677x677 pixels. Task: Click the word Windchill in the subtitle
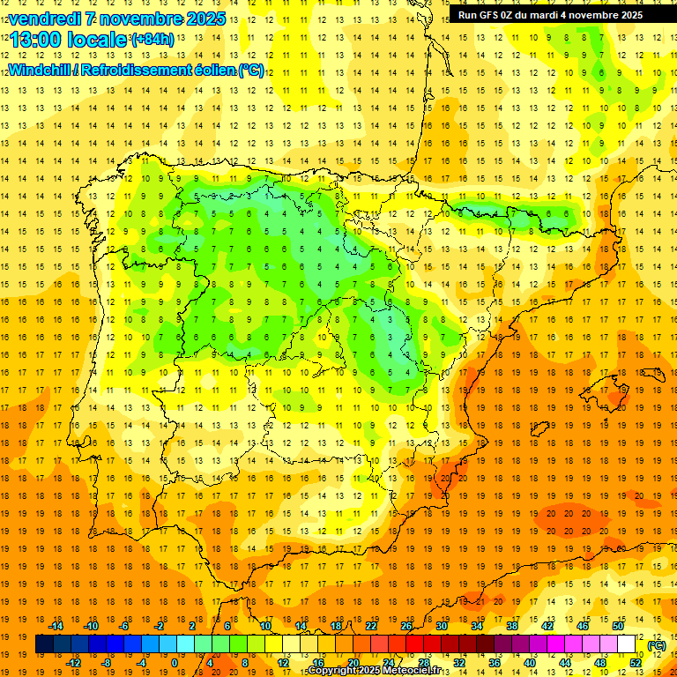tap(41, 71)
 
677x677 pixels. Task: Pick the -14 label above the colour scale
tap(56, 625)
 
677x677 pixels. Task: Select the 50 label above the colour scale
tap(618, 625)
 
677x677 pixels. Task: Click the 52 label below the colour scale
tap(635, 662)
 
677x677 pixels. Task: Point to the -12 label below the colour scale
tap(74, 662)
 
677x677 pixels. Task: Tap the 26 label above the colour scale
tap(406, 625)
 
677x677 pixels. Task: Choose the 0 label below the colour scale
tap(175, 662)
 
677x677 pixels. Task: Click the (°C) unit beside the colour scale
tap(656, 645)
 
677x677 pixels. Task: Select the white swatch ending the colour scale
tap(627, 644)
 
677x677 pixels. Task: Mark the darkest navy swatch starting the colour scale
tap(44, 644)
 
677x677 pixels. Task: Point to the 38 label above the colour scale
tap(511, 625)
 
